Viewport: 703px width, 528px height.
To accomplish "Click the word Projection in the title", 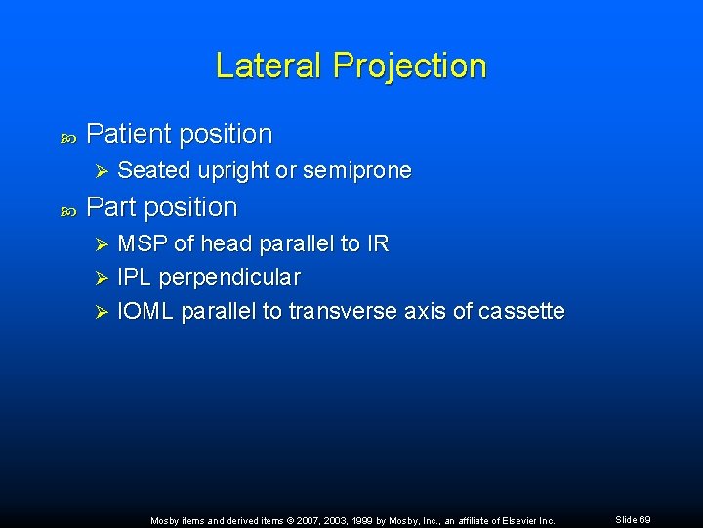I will click(x=409, y=66).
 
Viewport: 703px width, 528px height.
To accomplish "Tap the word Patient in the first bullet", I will click(x=127, y=134).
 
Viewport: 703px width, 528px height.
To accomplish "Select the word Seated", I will click(x=154, y=171).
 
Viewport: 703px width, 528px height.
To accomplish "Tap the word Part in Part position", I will click(x=109, y=207).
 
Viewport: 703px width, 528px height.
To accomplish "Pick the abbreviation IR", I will click(x=378, y=244).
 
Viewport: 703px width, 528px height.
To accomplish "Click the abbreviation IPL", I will click(x=133, y=278).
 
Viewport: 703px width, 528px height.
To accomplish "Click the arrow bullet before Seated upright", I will click(x=95, y=171).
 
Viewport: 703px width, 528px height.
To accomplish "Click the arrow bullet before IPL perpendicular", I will click(x=95, y=278).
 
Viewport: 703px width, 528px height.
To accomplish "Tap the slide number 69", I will click(x=645, y=520).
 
